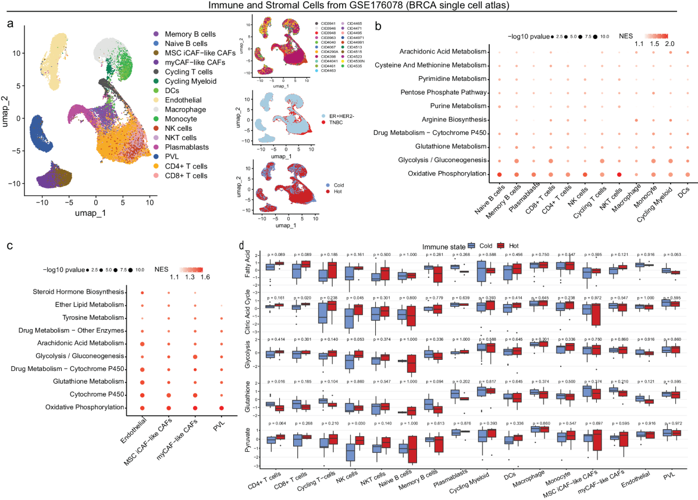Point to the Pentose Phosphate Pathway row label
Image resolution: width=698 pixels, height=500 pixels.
point(448,92)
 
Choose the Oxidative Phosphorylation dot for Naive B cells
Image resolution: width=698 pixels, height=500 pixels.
point(499,174)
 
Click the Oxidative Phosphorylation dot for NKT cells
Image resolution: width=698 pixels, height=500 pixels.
point(620,174)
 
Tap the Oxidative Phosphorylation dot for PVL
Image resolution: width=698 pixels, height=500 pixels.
point(221,408)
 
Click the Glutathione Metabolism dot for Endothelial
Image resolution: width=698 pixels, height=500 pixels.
point(142,381)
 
